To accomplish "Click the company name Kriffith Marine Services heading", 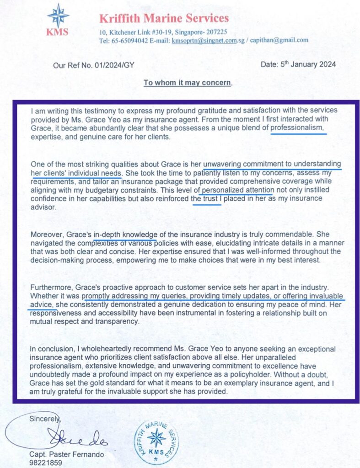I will click(164, 19).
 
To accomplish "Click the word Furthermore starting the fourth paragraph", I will click(50, 288).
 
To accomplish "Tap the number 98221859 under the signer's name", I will click(44, 463).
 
